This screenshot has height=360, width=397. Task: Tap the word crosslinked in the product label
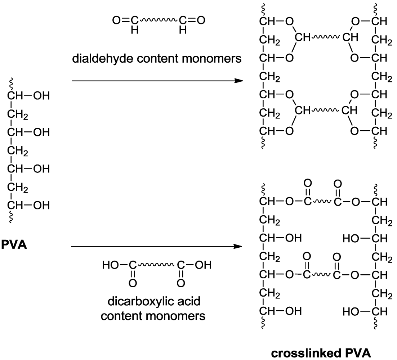(x=302, y=352)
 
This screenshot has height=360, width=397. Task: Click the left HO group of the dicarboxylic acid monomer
(x=109, y=266)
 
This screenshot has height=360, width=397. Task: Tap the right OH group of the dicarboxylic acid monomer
(x=202, y=266)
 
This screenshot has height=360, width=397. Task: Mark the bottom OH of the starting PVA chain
(x=41, y=206)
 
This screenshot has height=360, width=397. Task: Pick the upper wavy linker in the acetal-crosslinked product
(x=326, y=37)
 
